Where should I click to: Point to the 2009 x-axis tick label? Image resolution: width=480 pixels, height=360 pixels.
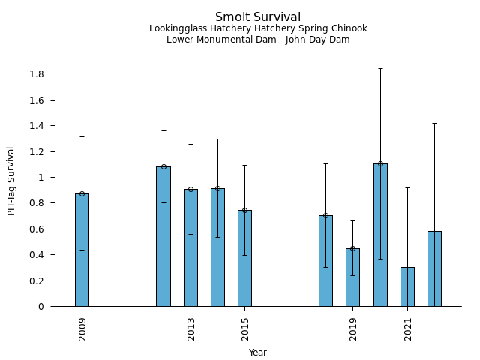point(82,328)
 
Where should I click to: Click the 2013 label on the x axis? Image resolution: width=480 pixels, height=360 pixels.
point(191,328)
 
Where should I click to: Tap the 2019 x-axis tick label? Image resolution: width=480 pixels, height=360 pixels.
point(353,328)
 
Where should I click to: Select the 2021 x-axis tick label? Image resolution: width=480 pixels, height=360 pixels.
point(408,328)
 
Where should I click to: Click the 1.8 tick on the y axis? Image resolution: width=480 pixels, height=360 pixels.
point(36,74)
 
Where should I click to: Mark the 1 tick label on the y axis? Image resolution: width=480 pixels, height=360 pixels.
point(42,178)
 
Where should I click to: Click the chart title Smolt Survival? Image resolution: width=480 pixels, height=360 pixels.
point(258,17)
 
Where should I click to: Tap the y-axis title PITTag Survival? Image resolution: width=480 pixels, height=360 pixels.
point(11,181)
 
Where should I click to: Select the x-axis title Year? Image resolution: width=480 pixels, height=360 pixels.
point(258,352)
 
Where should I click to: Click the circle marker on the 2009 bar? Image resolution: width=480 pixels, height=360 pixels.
point(82,193)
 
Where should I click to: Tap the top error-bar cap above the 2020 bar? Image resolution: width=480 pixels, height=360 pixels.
point(380,68)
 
